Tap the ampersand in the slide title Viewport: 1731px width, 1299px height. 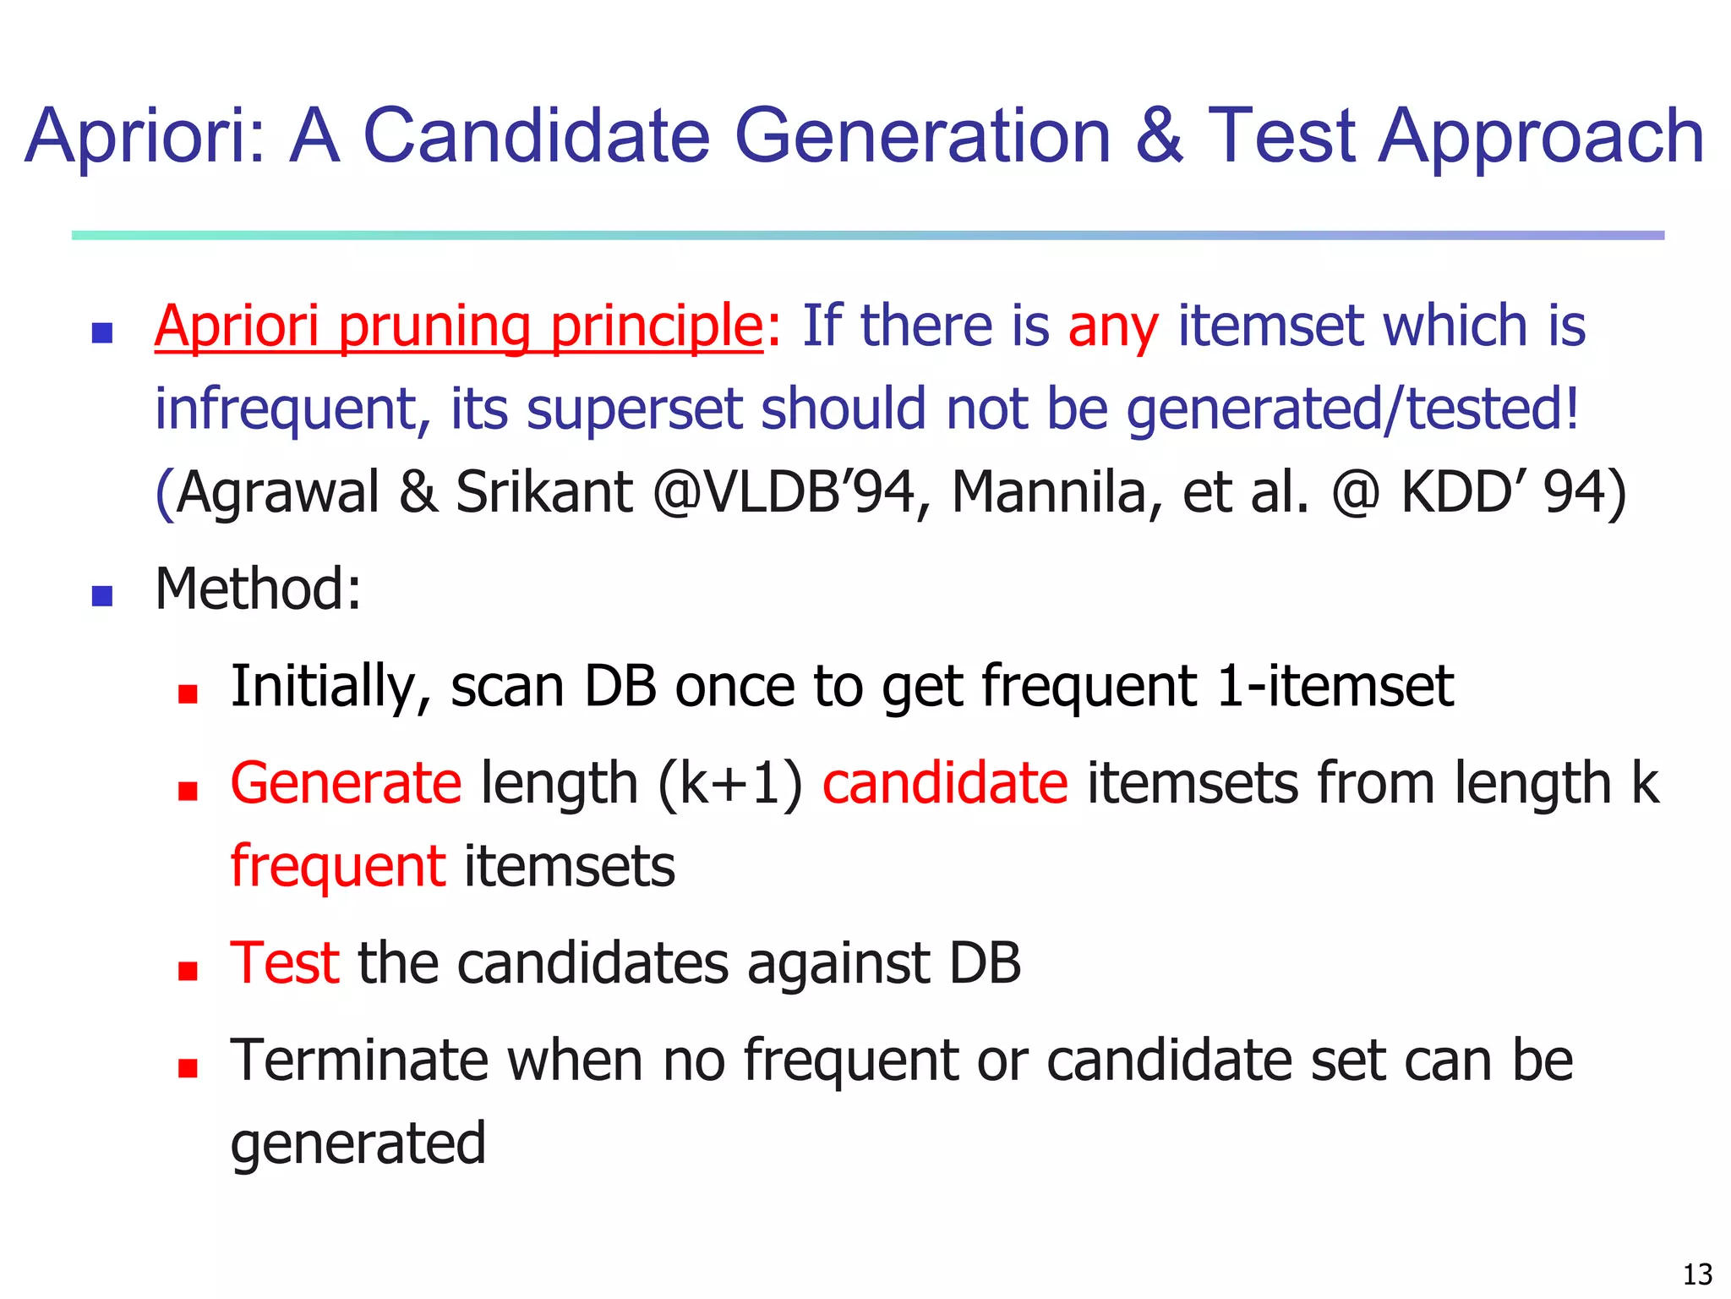click(x=1159, y=137)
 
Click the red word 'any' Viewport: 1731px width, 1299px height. click(x=1113, y=327)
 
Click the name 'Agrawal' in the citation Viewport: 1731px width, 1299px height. click(x=279, y=492)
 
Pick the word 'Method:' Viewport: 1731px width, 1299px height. click(x=259, y=589)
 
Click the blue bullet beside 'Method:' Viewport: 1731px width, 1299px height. click(x=102, y=596)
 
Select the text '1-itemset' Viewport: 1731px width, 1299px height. click(x=1335, y=686)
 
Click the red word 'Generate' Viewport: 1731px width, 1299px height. click(x=346, y=783)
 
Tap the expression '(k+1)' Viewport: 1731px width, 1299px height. click(x=729, y=783)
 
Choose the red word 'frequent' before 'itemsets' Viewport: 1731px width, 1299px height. click(x=338, y=867)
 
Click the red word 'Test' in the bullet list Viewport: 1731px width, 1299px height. click(x=285, y=963)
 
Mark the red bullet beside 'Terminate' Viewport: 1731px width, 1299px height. click(x=188, y=1067)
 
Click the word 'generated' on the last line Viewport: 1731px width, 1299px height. click(x=358, y=1143)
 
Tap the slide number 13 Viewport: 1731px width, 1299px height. click(x=1697, y=1274)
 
